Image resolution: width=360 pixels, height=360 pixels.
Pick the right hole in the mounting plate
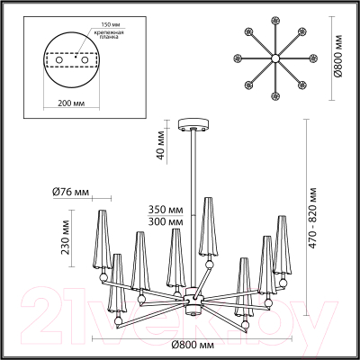pos(87,61)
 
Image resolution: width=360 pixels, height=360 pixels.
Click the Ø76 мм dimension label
pos(69,192)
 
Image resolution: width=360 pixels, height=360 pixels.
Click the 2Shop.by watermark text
pos(180,306)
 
